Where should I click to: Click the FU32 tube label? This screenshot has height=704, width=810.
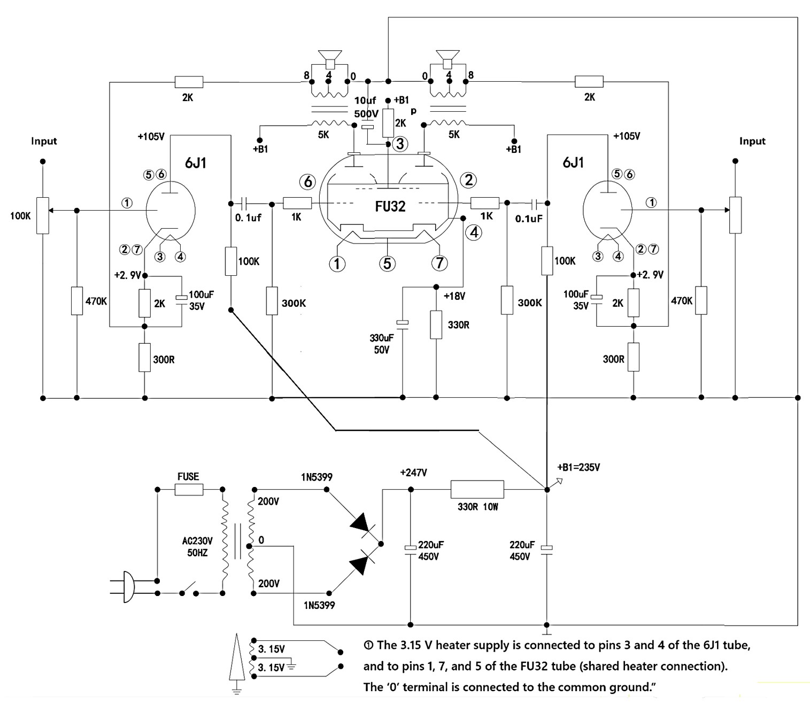(390, 206)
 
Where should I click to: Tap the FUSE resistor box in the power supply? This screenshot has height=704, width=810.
(189, 489)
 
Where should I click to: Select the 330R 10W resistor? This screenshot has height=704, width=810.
(477, 489)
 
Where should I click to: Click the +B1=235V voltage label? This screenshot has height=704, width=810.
(578, 467)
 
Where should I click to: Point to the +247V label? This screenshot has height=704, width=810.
(413, 472)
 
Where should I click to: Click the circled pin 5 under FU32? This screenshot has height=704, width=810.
(387, 263)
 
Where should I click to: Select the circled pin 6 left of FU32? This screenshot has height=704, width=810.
(308, 182)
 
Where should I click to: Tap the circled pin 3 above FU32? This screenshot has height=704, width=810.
(399, 143)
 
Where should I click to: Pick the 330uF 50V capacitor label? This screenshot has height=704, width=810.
(382, 344)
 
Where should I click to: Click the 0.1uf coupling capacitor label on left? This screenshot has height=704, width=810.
(248, 218)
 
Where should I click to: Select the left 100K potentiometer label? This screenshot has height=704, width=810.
(20, 216)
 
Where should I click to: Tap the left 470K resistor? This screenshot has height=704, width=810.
(77, 300)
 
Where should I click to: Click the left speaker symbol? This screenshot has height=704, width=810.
(329, 57)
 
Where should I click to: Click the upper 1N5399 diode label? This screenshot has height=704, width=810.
(317, 477)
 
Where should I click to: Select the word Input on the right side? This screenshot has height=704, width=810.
(752, 141)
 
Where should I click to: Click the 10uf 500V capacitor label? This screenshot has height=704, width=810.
(366, 107)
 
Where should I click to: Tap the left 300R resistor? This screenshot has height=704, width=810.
(144, 358)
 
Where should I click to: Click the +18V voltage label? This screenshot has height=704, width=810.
(454, 296)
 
